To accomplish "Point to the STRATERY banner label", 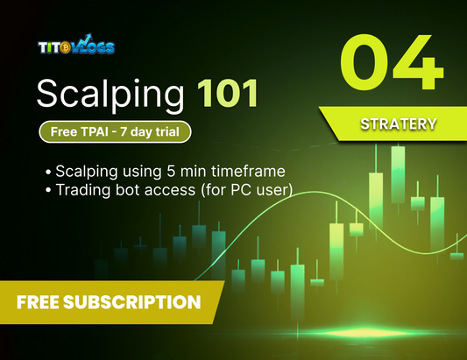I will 398,124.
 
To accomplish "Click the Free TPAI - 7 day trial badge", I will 114,131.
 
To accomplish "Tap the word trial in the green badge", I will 171,131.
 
